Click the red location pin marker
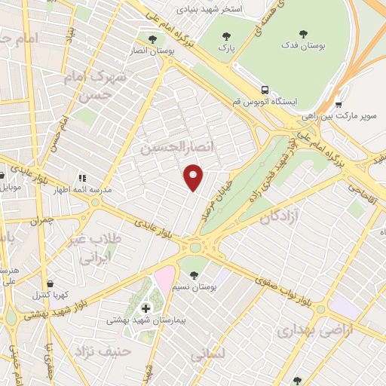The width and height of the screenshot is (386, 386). tap(195, 178)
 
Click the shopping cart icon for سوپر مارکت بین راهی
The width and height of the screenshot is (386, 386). tap(339, 105)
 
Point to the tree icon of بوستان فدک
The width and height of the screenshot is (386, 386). tap(303, 33)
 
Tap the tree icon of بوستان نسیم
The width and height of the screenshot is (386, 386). tap(195, 274)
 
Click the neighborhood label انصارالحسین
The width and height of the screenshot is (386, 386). tap(173, 148)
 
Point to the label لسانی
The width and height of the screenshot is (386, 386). tap(206, 353)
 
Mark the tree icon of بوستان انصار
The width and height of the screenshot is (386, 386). tap(153, 39)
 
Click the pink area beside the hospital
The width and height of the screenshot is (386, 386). tap(165, 280)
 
